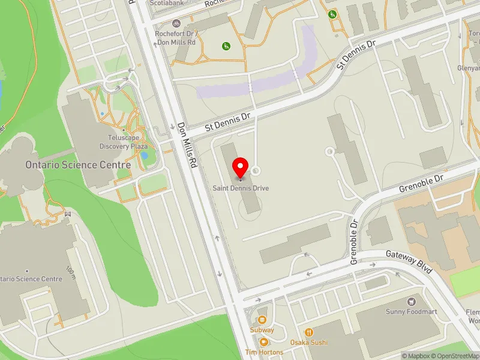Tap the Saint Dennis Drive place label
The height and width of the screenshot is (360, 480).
(x=241, y=188)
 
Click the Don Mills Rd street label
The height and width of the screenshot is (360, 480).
(x=187, y=145)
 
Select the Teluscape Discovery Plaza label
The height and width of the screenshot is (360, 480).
(x=123, y=142)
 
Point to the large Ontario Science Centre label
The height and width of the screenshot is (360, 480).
(x=78, y=164)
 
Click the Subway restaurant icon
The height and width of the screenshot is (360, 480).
(x=262, y=320)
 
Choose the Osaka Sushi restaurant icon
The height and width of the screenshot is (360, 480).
(x=309, y=332)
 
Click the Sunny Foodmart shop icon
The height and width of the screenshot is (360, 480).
(x=412, y=301)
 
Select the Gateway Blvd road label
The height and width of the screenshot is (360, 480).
(x=410, y=262)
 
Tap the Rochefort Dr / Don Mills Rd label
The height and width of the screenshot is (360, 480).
(x=176, y=38)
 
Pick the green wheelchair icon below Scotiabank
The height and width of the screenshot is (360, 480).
(x=226, y=46)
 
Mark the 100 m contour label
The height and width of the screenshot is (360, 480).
(x=71, y=273)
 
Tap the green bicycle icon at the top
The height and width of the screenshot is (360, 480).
(x=332, y=14)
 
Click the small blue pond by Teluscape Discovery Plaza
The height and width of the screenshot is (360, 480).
(x=144, y=155)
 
